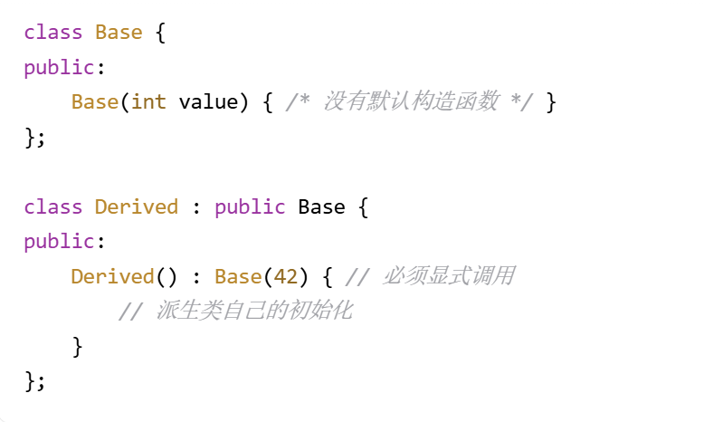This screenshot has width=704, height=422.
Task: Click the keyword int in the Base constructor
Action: [148, 101]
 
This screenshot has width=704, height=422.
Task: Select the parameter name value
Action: [208, 101]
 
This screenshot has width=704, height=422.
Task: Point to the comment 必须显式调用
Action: [449, 276]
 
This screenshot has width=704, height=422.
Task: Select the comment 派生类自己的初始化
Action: [253, 312]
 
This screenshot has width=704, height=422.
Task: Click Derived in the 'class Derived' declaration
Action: [137, 206]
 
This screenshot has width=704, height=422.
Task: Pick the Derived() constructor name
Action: [113, 276]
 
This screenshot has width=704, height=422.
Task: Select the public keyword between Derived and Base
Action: [250, 206]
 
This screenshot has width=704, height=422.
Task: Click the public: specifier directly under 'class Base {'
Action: [59, 67]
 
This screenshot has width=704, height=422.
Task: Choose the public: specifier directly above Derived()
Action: [59, 242]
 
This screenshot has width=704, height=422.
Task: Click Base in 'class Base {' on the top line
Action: [119, 33]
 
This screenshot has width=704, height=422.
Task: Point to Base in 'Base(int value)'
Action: [95, 101]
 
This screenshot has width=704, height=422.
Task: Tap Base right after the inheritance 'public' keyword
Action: [321, 206]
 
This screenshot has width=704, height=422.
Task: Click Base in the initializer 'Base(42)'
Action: [238, 276]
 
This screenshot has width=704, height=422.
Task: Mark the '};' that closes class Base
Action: [34, 137]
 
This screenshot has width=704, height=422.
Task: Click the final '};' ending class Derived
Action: [34, 380]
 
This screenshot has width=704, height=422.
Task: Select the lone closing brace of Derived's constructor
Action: [77, 346]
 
